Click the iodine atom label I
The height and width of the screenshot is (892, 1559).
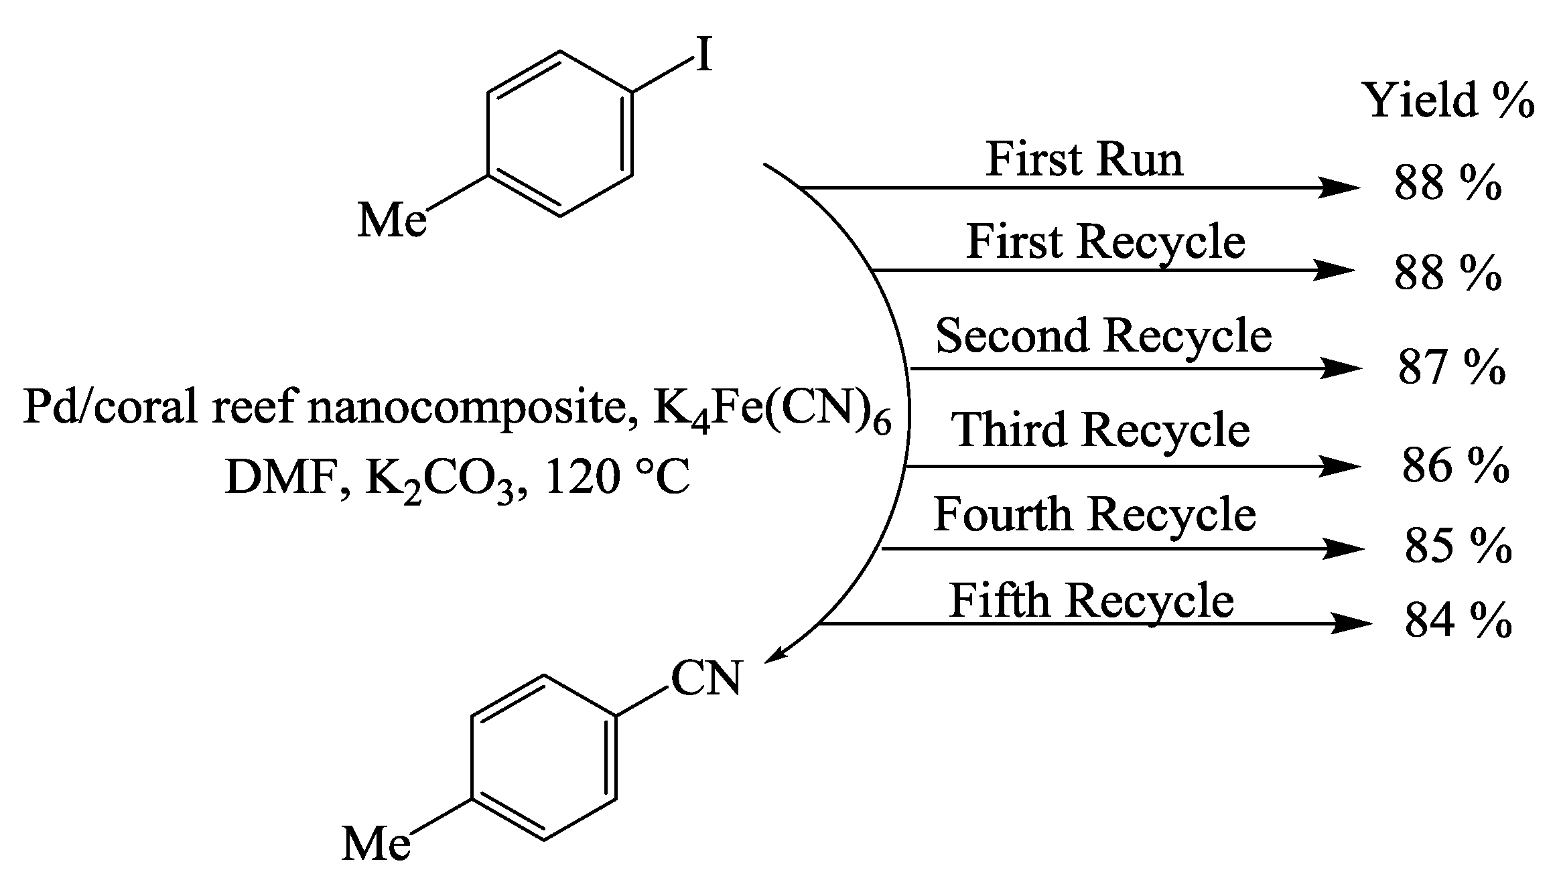703,55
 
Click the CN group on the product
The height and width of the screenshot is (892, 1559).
706,678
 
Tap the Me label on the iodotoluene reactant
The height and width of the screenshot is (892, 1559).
392,220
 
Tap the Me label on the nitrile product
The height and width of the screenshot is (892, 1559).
376,843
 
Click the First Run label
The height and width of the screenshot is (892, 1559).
1084,160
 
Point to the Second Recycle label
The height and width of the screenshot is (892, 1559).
1103,336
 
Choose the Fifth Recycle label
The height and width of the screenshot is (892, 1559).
1091,600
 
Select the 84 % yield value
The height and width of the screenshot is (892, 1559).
1458,621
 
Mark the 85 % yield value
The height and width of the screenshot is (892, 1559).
1458,546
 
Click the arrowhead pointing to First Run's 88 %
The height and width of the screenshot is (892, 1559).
1339,188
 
